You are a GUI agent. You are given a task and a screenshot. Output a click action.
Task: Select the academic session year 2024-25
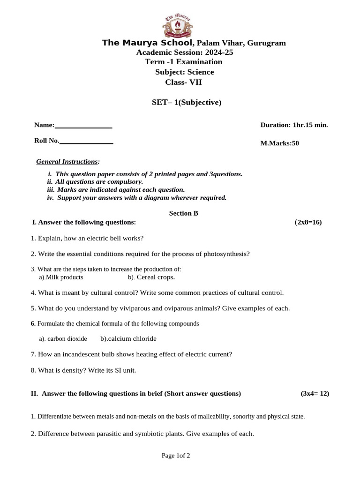click(x=216, y=52)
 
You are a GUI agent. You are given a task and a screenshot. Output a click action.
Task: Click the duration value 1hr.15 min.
click(x=310, y=125)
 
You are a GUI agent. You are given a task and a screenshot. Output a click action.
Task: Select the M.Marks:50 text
click(x=279, y=143)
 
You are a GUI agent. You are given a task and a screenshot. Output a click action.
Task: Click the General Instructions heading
click(x=67, y=162)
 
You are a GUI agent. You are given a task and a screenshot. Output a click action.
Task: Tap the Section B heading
click(x=184, y=213)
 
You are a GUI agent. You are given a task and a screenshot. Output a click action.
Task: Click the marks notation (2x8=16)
click(x=308, y=222)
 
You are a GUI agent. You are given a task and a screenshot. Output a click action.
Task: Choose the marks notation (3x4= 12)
click(x=315, y=394)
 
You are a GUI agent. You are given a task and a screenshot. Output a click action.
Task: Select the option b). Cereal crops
click(x=151, y=277)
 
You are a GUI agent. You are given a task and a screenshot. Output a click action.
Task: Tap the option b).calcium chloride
click(x=128, y=339)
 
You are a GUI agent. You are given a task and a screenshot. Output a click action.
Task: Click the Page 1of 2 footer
click(x=176, y=456)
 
